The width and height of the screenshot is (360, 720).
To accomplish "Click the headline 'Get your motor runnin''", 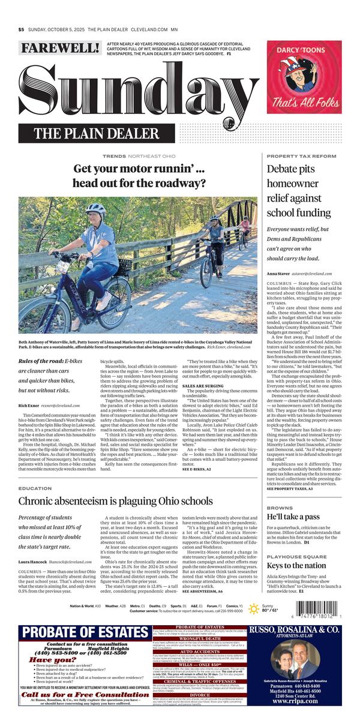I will pyautogui.click(x=139, y=176).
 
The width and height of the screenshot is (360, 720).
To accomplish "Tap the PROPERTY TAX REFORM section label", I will pyautogui.click(x=301, y=156).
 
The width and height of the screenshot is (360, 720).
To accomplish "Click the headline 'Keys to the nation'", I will pyautogui.click(x=296, y=565).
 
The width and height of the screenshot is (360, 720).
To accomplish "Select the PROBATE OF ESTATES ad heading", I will pyautogui.click(x=83, y=634).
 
